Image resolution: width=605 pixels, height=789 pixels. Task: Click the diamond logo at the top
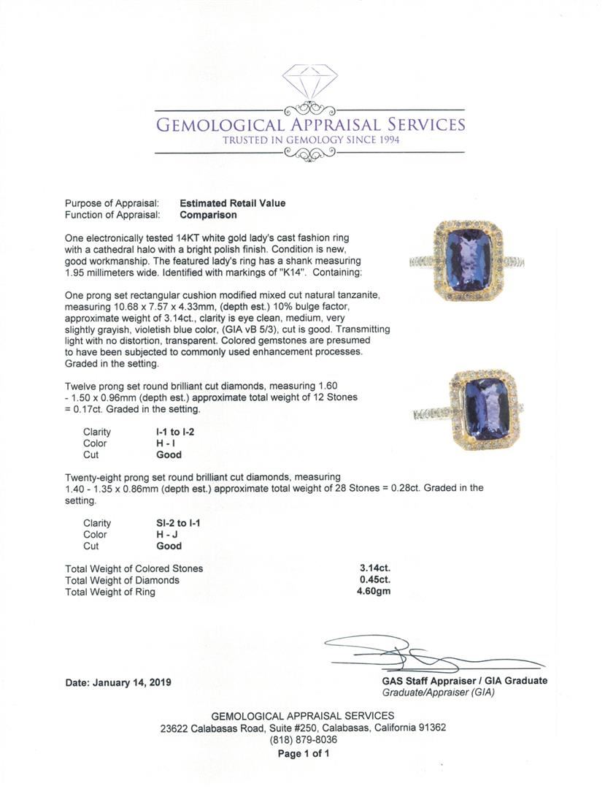[310, 81]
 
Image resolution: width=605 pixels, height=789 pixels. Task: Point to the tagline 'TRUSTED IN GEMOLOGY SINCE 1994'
[311, 140]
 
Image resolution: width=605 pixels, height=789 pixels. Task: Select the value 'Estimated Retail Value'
[233, 203]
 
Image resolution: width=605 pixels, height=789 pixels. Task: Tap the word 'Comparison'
[208, 215]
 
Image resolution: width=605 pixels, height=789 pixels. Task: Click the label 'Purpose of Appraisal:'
[107, 203]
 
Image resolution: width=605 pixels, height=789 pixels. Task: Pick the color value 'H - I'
[158, 443]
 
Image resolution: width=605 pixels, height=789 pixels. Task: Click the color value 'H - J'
[158, 535]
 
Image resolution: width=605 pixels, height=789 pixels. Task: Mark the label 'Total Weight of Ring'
[110, 592]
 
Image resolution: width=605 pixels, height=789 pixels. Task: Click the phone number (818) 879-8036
[302, 740]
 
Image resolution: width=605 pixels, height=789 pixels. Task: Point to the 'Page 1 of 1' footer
[302, 753]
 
